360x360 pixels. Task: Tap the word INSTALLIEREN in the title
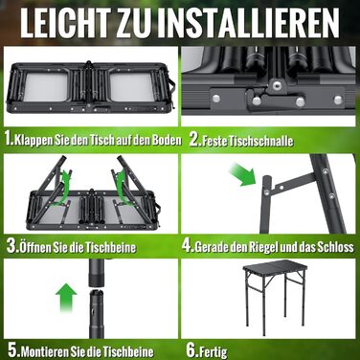(252, 22)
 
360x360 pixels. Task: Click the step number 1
(10, 140)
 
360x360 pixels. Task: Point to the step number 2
(194, 140)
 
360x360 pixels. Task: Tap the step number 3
(12, 246)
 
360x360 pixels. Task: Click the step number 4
(188, 246)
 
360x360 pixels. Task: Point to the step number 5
(13, 350)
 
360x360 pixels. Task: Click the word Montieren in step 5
(38, 351)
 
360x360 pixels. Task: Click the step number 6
(191, 350)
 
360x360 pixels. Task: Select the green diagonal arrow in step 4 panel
(243, 174)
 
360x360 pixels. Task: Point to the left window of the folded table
(45, 86)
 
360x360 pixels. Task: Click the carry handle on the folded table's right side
(173, 85)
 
